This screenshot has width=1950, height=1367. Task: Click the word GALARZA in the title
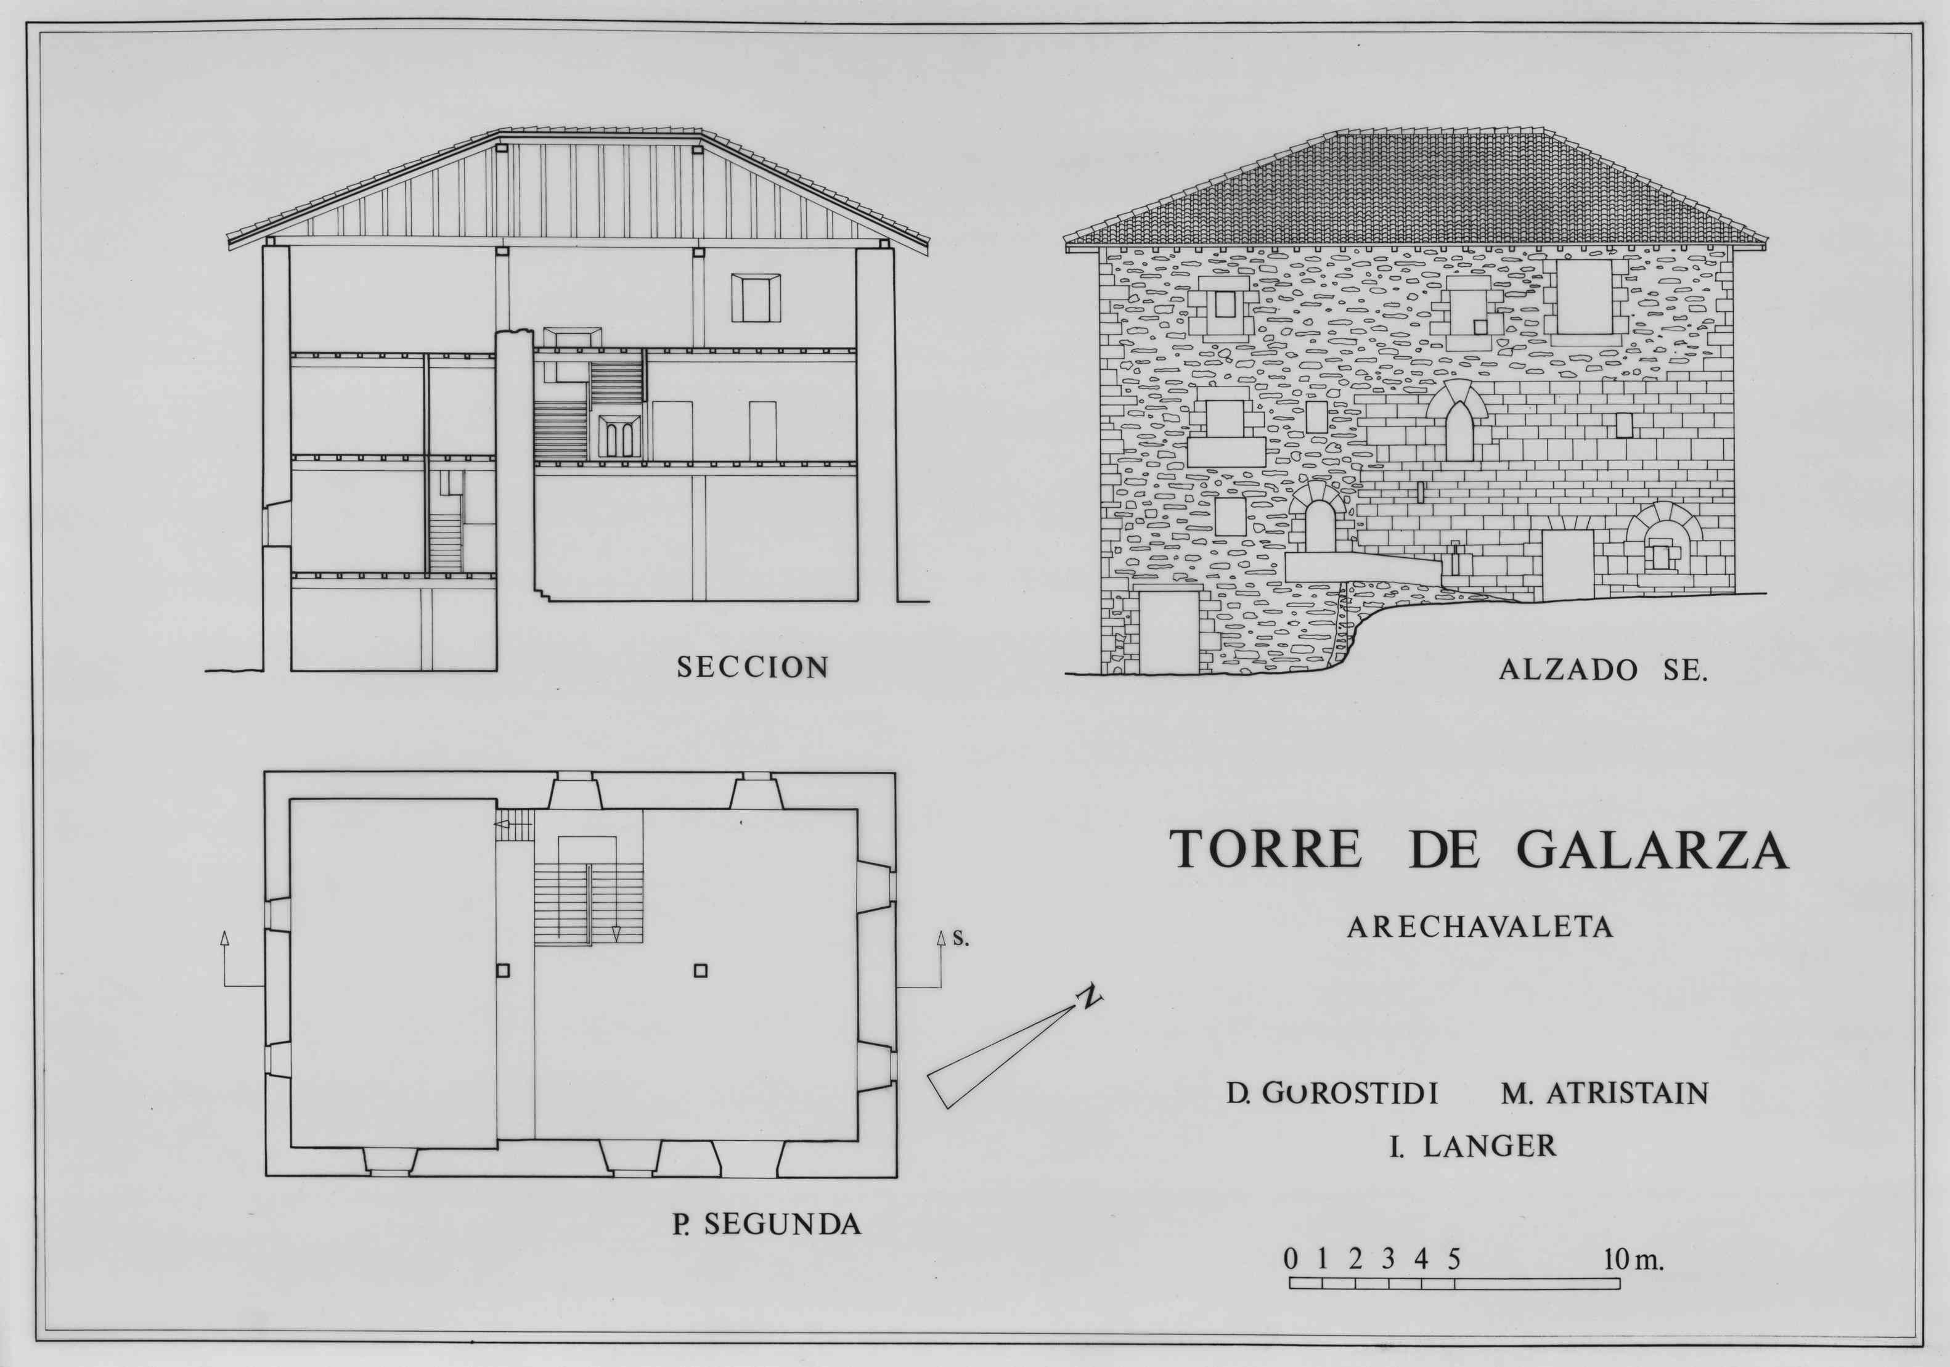click(x=1653, y=849)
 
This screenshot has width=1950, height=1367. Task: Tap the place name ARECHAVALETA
click(x=1480, y=927)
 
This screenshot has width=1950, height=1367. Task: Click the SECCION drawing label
click(x=753, y=667)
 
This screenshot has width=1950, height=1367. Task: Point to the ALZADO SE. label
click(x=1602, y=671)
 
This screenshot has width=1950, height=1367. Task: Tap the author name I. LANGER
click(x=1474, y=1146)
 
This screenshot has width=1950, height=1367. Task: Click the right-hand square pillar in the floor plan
click(x=701, y=971)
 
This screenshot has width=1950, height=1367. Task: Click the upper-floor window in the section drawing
click(x=756, y=298)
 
